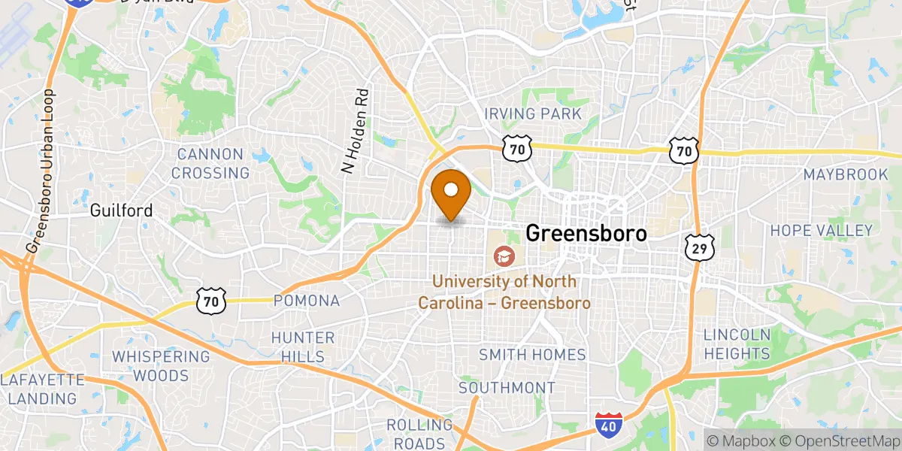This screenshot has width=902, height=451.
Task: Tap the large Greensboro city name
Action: coord(586,233)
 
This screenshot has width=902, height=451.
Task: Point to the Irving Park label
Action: coord(533,114)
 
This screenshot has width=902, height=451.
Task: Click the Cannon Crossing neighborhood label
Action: coord(210,164)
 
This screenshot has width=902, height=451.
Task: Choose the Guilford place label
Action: coord(121,210)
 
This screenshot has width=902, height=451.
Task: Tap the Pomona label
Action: coord(307,301)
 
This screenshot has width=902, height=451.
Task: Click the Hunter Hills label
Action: coord(303,347)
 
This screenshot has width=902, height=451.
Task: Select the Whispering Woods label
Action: coord(161,365)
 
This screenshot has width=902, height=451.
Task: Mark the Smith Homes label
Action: coord(532,354)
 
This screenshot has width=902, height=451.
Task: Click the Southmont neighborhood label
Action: coord(507,388)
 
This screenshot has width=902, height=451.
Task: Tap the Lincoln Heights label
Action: coord(737,344)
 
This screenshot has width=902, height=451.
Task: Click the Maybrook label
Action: coord(846,174)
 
